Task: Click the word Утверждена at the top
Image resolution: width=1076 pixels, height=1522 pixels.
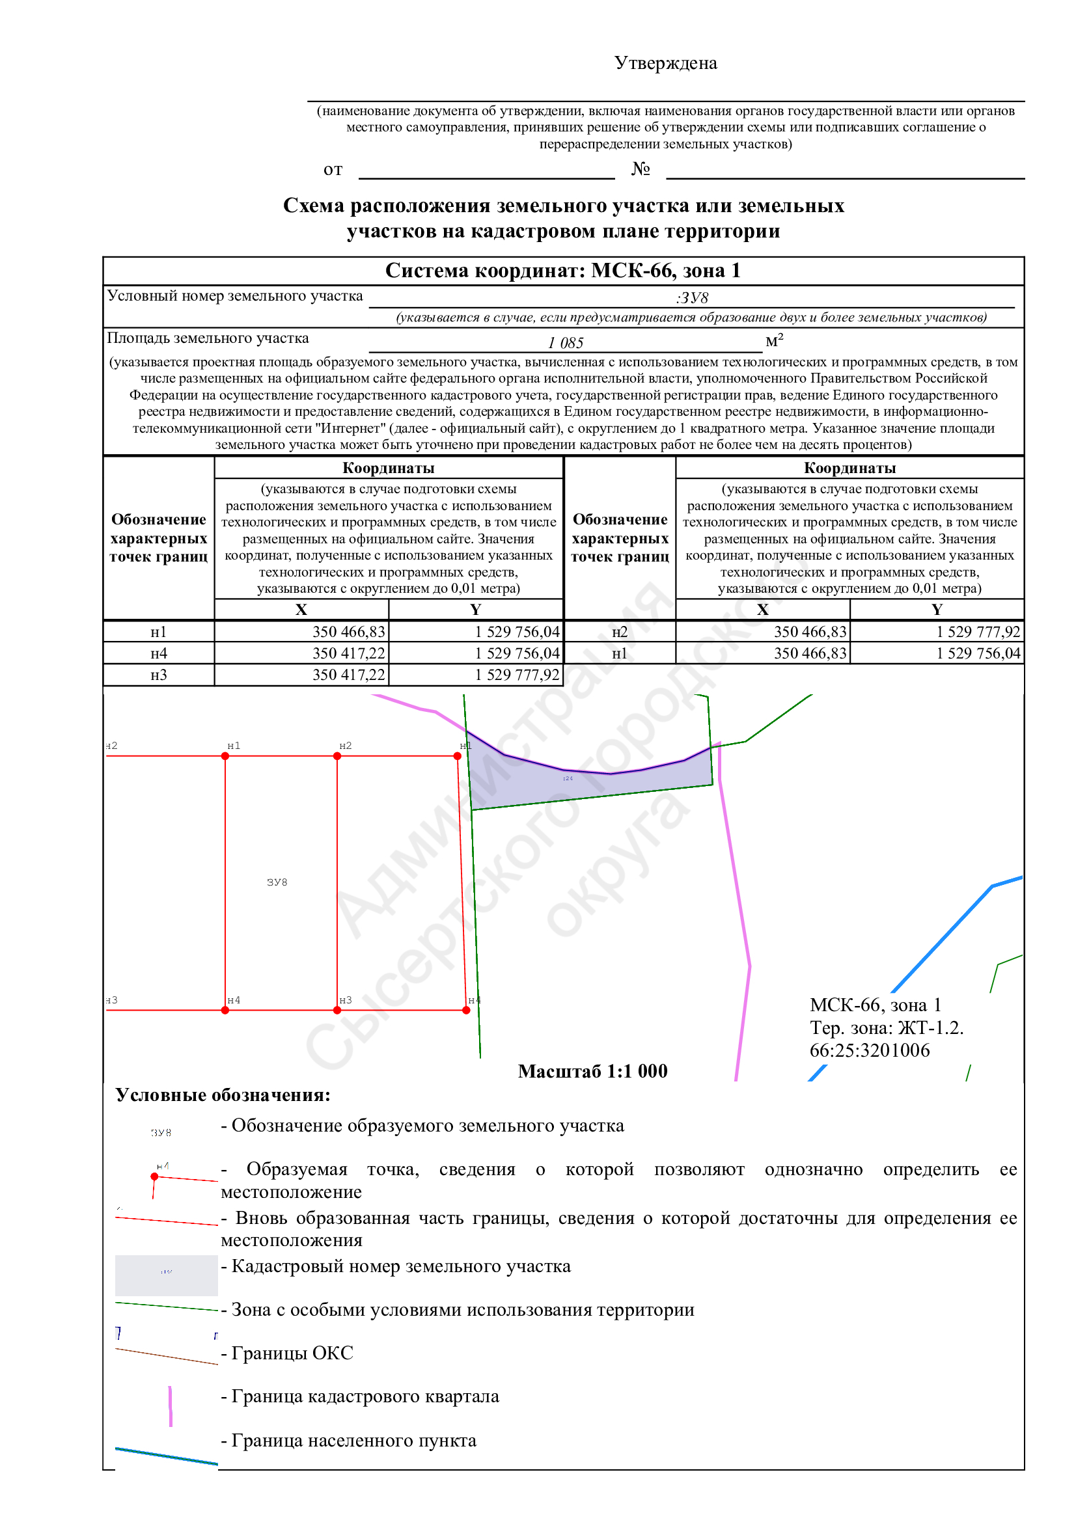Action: coord(665,63)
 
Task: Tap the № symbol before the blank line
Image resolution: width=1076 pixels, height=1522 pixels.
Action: coord(640,169)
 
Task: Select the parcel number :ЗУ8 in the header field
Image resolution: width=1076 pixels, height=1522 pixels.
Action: coord(691,297)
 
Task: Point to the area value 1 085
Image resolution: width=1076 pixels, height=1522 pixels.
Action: coord(565,343)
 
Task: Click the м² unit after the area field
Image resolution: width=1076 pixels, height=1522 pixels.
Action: coord(774,341)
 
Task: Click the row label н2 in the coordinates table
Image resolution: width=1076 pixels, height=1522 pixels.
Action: coord(619,632)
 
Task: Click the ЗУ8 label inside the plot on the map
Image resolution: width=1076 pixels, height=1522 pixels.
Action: coord(277,882)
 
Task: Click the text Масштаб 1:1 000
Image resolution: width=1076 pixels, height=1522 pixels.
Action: coord(592,1071)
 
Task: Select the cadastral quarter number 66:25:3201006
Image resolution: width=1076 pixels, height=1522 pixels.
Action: coord(869,1050)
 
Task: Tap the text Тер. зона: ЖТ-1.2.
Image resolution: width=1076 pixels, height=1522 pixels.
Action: coord(886,1027)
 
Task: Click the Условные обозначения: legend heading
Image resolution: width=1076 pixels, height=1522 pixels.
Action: coord(223,1094)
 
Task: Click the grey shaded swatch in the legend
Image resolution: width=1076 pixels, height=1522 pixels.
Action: coord(167,1275)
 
